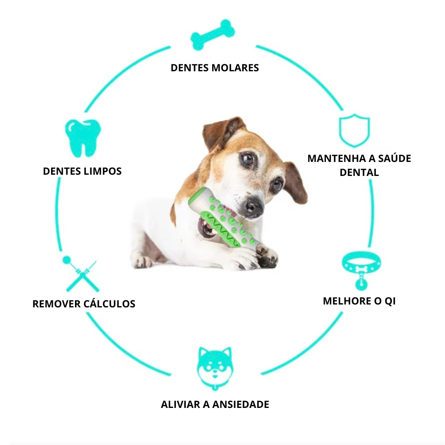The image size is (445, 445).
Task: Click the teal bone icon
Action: [213, 35]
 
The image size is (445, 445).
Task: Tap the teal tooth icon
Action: [83, 138]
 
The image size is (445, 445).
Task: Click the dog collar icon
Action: [361, 270]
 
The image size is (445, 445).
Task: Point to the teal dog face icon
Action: [215, 368]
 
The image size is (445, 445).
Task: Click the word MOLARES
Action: [235, 68]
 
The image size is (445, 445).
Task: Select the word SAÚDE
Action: [394, 158]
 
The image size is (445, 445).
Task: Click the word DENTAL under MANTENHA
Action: [359, 172]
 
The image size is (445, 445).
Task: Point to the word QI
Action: [390, 301]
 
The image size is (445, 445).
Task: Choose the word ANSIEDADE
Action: [240, 405]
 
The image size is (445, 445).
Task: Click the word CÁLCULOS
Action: [109, 303]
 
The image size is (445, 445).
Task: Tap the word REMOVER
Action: [56, 304]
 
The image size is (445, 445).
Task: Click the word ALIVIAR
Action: [180, 405]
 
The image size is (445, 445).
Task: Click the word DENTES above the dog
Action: [190, 68]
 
